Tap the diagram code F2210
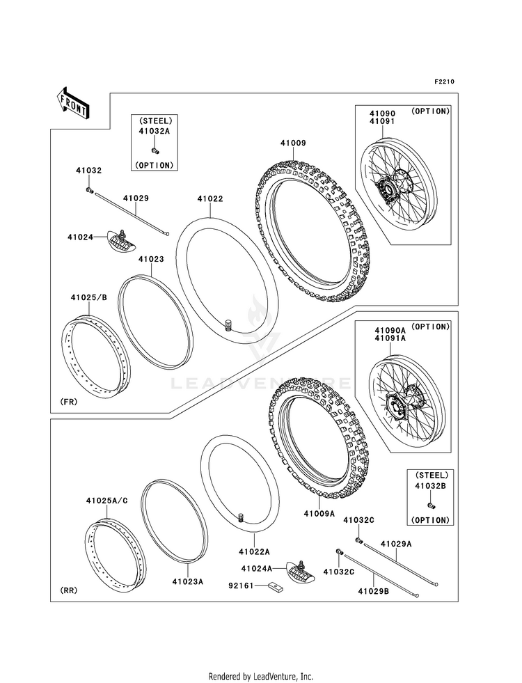[445, 81]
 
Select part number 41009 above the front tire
[293, 143]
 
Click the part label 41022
[209, 198]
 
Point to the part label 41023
[150, 259]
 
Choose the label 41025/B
[88, 298]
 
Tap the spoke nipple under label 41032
[89, 189]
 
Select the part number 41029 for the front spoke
[136, 198]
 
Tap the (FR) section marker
[69, 402]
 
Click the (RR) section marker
[68, 590]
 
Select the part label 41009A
[319, 513]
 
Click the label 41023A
[188, 581]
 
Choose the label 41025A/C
[106, 501]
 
